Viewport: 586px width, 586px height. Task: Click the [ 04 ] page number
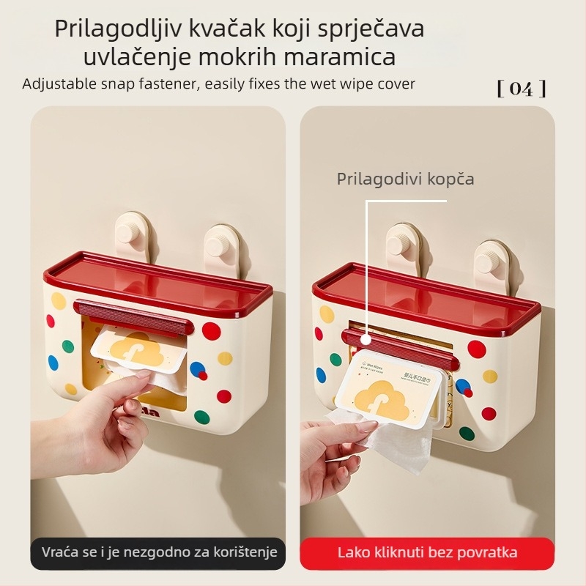(522, 89)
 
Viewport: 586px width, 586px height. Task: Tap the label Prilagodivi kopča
(405, 179)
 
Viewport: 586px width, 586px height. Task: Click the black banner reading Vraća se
(159, 552)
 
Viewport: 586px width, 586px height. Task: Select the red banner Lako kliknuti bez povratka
(427, 552)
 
